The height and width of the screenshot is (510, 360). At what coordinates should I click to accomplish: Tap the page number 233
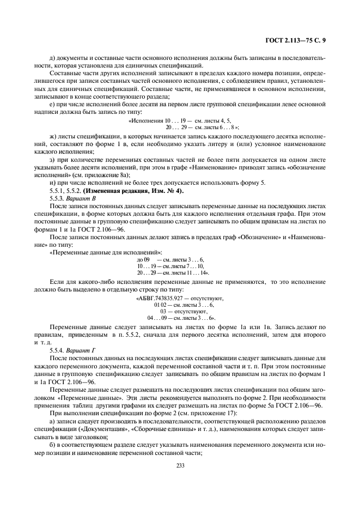[180, 465]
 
